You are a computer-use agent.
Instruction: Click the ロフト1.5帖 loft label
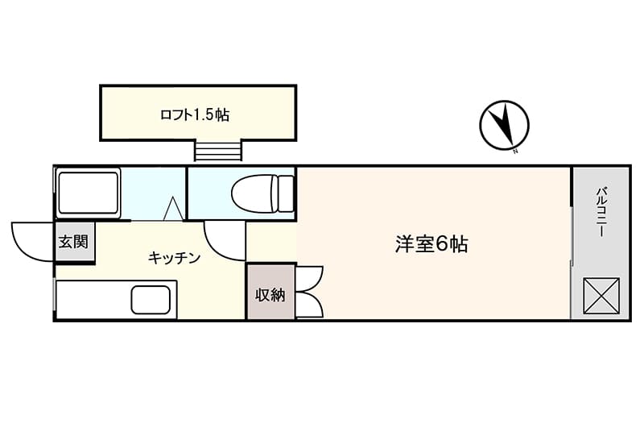(195, 114)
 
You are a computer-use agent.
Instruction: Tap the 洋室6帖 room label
(431, 244)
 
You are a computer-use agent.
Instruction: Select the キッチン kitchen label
(174, 258)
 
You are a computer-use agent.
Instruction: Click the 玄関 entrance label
(73, 242)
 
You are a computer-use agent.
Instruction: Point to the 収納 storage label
(270, 294)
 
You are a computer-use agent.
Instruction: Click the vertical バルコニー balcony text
(601, 212)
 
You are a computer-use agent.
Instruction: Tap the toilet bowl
(252, 193)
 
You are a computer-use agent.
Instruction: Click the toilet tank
(285, 193)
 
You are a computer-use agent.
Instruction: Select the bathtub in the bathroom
(88, 193)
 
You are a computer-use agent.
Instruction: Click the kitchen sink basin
(151, 300)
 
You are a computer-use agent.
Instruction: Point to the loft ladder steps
(217, 151)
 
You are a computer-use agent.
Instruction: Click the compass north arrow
(506, 123)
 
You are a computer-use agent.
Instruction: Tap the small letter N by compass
(516, 151)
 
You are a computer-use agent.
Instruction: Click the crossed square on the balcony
(601, 296)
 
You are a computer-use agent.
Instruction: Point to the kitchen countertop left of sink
(93, 300)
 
